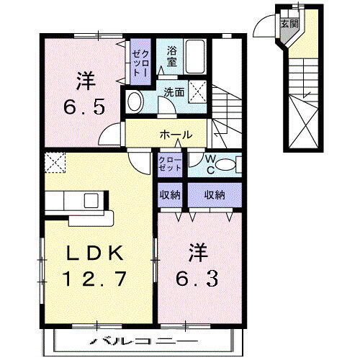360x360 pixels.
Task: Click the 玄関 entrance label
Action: click(x=287, y=23)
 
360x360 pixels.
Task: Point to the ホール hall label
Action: click(x=175, y=133)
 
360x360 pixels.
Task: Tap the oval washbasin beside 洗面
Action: click(x=135, y=102)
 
